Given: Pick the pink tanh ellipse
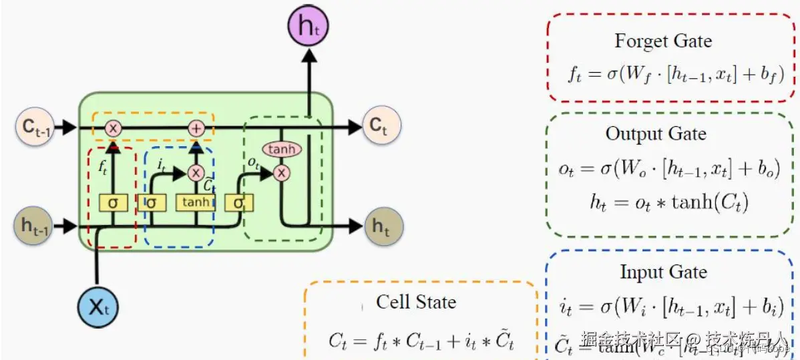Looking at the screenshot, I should point(282,149).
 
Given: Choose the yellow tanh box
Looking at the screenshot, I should point(195,202).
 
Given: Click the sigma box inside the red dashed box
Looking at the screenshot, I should point(113,202).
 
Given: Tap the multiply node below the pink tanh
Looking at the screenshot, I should point(282,173).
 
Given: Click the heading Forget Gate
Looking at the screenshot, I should point(662,41).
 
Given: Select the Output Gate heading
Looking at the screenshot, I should point(656,134).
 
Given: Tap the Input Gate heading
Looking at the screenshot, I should point(663,273).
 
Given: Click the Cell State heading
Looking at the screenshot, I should point(415,302).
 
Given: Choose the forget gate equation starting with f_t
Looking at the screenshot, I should point(675,73).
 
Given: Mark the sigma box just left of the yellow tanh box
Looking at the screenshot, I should point(152,202).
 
